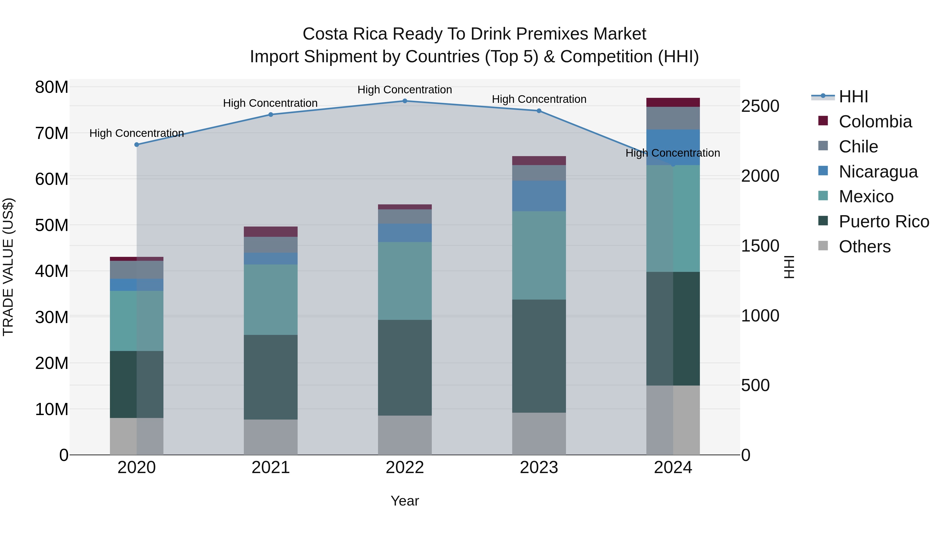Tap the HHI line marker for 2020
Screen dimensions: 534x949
[137, 145]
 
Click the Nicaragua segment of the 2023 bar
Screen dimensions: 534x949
[539, 196]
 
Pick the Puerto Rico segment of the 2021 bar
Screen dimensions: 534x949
[271, 377]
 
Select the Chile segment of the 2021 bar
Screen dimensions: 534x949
[271, 245]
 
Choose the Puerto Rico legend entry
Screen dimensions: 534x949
[884, 222]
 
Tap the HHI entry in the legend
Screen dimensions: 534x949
[853, 97]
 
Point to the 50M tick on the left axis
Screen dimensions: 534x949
[52, 225]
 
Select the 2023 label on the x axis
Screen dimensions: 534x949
[539, 468]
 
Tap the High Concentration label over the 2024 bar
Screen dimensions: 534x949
[673, 153]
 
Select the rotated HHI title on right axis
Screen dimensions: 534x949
[789, 267]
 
